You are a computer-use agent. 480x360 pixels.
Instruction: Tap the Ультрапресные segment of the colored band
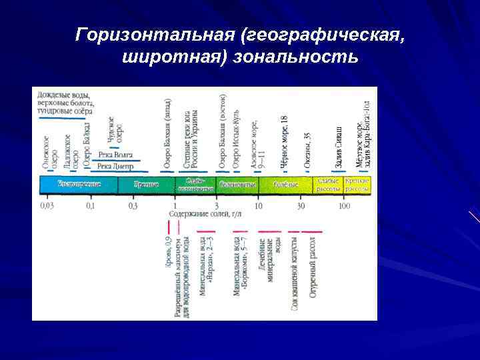point(79,185)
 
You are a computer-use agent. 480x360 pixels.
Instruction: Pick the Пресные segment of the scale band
point(146,185)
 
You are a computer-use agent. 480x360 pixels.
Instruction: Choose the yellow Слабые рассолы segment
point(329,185)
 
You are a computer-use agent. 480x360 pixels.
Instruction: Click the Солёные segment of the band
point(286,185)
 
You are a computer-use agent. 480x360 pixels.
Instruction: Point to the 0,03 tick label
point(47,206)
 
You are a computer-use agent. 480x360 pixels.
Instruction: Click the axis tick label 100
point(344,206)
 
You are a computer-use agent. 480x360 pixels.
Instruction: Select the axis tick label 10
point(258,206)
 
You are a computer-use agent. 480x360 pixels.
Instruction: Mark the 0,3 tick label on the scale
point(133,206)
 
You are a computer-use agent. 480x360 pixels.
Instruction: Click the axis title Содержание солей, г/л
point(205,215)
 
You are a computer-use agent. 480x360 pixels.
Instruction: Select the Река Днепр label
point(115,166)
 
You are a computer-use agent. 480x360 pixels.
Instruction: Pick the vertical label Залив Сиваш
point(339,147)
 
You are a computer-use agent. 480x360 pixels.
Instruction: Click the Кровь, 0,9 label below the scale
point(169,253)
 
